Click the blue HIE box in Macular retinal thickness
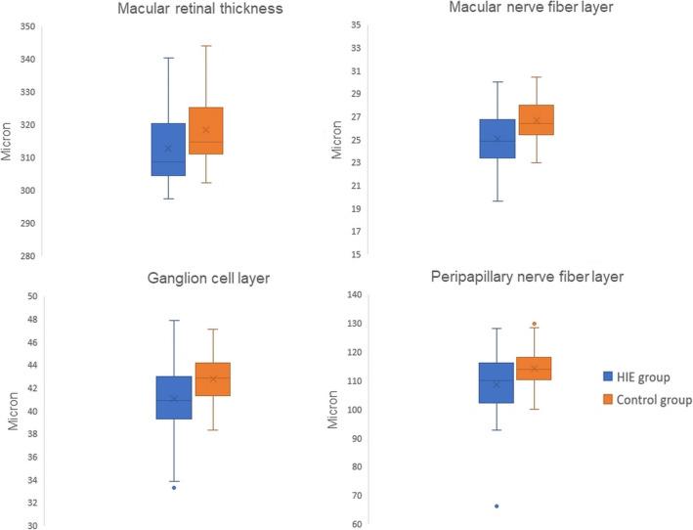(x=168, y=150)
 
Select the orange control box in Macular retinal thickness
(x=205, y=131)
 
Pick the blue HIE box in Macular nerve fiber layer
(x=497, y=139)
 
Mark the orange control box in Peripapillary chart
(x=534, y=369)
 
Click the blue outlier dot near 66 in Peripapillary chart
(x=497, y=506)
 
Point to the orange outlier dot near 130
(x=534, y=324)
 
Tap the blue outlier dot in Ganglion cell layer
(x=174, y=487)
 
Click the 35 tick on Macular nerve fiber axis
(x=357, y=25)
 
